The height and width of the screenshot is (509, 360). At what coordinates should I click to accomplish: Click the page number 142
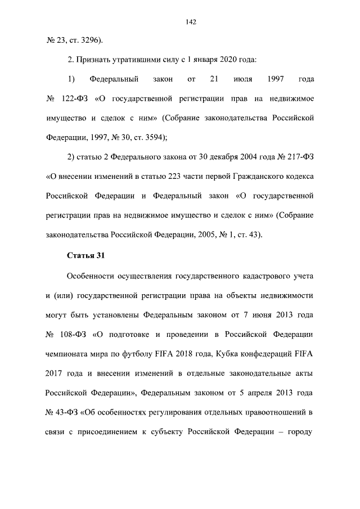(x=190, y=22)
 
